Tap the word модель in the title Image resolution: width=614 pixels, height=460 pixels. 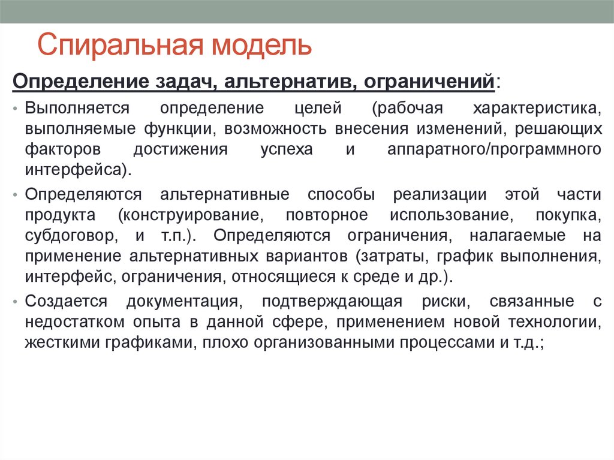[x=260, y=46]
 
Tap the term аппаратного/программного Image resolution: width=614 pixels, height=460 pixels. [x=495, y=149]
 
